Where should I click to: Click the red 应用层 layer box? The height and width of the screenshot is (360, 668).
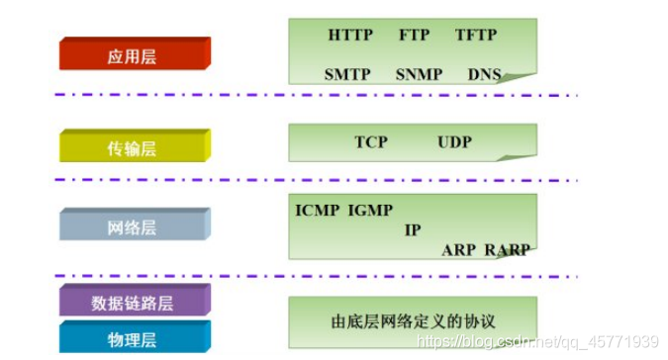coord(134,56)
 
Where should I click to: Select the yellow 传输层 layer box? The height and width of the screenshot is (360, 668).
coord(134,147)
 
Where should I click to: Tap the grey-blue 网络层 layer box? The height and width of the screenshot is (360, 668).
coord(134,227)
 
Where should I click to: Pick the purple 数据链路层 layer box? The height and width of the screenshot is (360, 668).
coord(134,302)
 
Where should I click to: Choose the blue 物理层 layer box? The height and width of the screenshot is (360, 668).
coord(134,339)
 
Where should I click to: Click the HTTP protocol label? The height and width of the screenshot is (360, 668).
coord(350,36)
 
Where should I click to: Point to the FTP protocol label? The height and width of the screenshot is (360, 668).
coord(415,36)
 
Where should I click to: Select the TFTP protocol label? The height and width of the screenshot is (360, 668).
coord(476,36)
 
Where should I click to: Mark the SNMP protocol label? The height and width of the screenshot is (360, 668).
coord(419,74)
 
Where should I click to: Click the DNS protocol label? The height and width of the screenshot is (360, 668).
coord(485,74)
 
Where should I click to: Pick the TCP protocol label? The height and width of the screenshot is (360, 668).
coord(371,142)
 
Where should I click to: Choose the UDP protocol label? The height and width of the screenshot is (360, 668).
coord(454,142)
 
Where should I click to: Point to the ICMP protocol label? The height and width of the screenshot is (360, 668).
coord(318,210)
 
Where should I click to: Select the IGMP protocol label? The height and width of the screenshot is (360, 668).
coord(371,210)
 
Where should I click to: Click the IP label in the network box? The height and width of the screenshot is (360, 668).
coord(413,229)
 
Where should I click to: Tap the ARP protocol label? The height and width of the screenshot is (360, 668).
coord(458,250)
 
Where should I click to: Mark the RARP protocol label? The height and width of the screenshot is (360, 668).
coord(507,250)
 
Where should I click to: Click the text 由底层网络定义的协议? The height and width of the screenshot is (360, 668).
coord(413,321)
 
